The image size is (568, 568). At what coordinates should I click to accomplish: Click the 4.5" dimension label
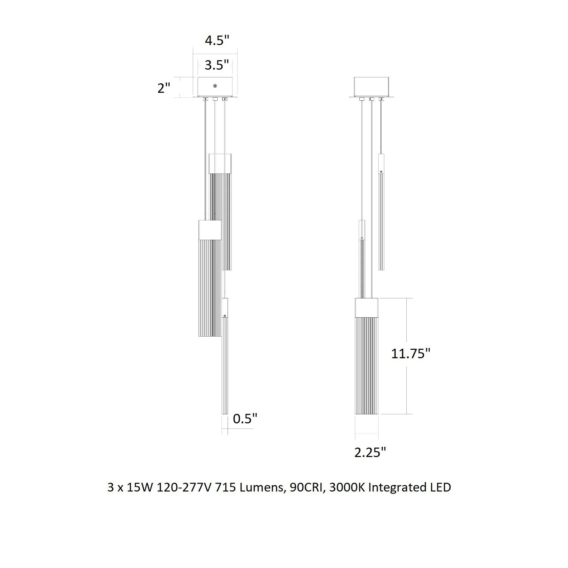[217, 40]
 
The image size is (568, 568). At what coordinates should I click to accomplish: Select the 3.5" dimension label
[217, 65]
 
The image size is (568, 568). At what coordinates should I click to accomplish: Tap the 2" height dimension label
[164, 88]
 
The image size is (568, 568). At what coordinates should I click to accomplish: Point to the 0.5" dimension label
[245, 418]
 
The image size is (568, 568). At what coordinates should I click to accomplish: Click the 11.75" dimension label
[411, 353]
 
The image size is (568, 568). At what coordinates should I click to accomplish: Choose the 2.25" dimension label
[370, 452]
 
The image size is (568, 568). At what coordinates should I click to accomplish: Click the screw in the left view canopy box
[215, 86]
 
